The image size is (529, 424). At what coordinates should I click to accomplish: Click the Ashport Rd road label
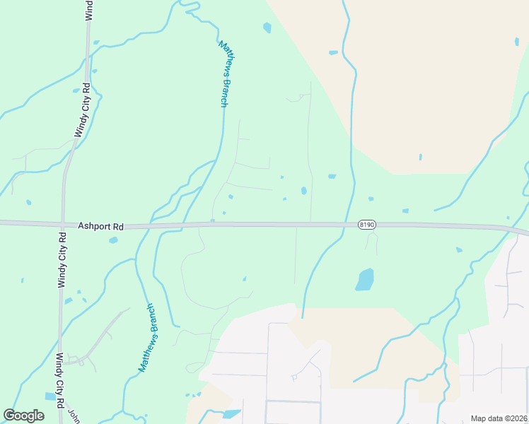pyautogui.click(x=101, y=227)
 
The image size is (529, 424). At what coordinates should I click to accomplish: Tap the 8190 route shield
pyautogui.click(x=366, y=225)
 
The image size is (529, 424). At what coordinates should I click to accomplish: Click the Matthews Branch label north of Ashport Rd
pyautogui.click(x=223, y=73)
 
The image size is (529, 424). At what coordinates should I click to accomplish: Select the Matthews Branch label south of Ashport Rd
pyautogui.click(x=150, y=338)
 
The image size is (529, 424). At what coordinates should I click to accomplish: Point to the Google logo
pyautogui.click(x=23, y=416)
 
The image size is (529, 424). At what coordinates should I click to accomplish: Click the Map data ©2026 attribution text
pyautogui.click(x=499, y=418)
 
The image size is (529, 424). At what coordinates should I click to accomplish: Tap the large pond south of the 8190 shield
pyautogui.click(x=364, y=279)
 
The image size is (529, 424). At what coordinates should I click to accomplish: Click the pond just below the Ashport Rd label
pyautogui.click(x=113, y=240)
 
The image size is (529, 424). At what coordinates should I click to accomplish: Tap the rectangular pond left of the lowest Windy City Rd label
pyautogui.click(x=50, y=396)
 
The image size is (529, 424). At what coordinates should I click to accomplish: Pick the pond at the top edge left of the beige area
pyautogui.click(x=267, y=28)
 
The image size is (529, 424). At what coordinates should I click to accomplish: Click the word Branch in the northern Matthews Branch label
pyautogui.click(x=223, y=92)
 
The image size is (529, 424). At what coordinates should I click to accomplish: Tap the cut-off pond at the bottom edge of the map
pyautogui.click(x=231, y=414)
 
